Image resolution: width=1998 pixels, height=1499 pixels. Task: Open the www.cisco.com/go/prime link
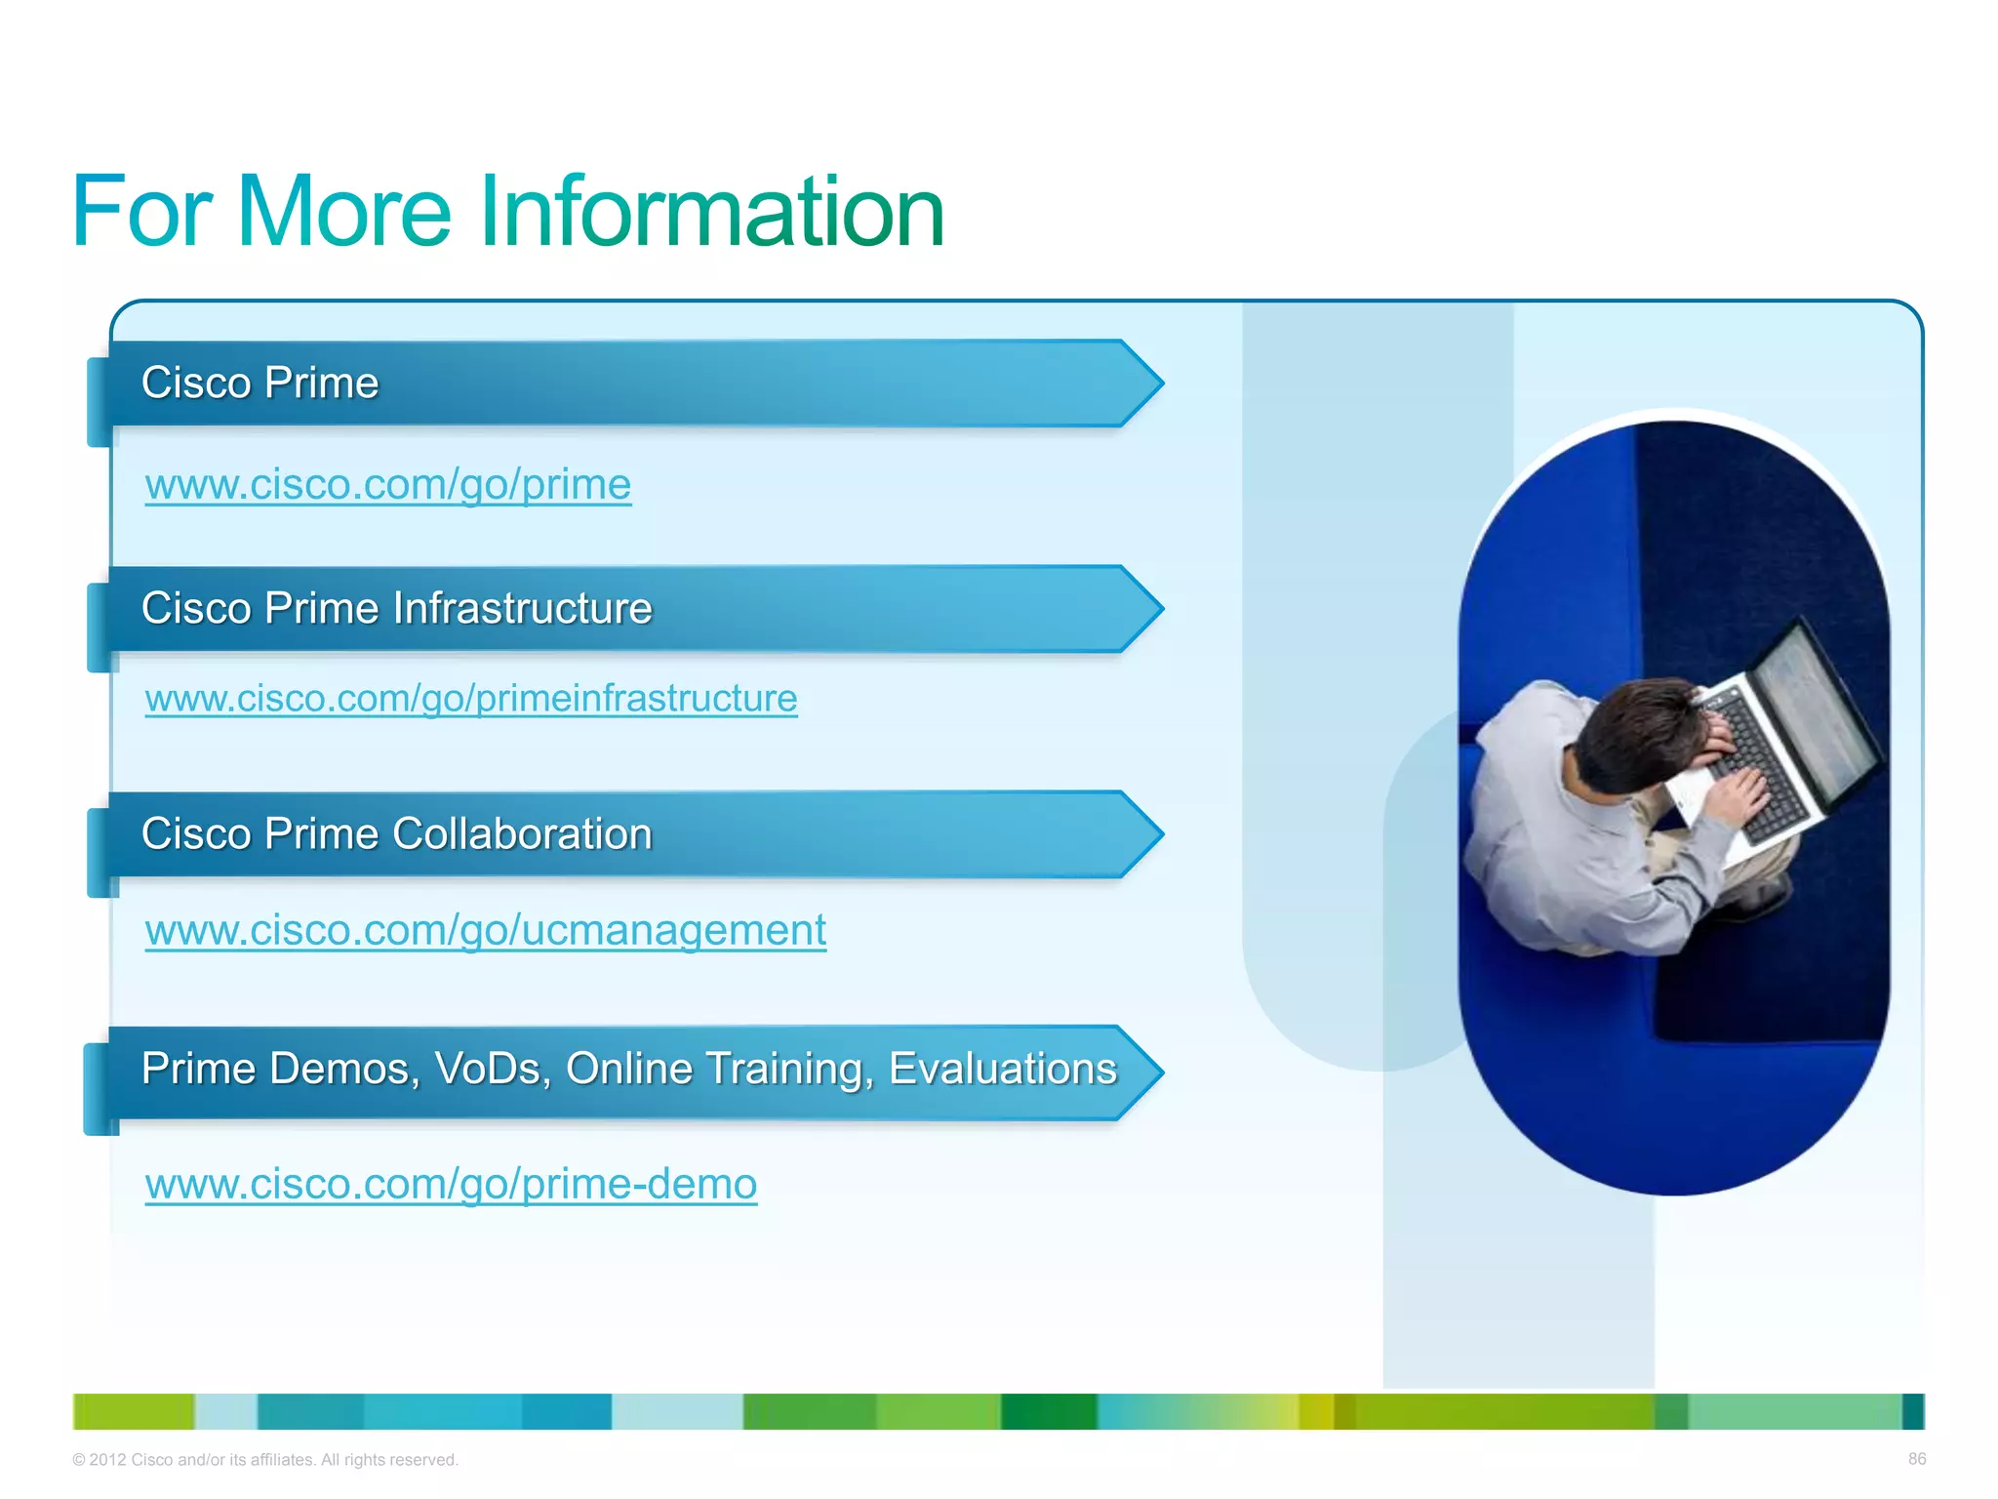388,484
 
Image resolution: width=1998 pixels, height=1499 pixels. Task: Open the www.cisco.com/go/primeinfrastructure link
471,699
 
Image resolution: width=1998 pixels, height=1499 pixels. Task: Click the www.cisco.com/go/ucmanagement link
486,930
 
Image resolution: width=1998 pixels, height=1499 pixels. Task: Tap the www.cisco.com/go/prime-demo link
451,1184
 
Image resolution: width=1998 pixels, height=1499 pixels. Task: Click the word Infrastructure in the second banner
522,608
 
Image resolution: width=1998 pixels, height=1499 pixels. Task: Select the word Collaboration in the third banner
522,834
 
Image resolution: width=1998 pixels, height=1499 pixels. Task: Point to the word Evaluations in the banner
1002,1069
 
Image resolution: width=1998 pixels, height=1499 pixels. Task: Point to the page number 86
1916,1459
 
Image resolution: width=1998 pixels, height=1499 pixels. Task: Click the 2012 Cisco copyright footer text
264,1460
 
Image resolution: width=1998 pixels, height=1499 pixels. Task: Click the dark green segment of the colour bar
1048,1411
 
